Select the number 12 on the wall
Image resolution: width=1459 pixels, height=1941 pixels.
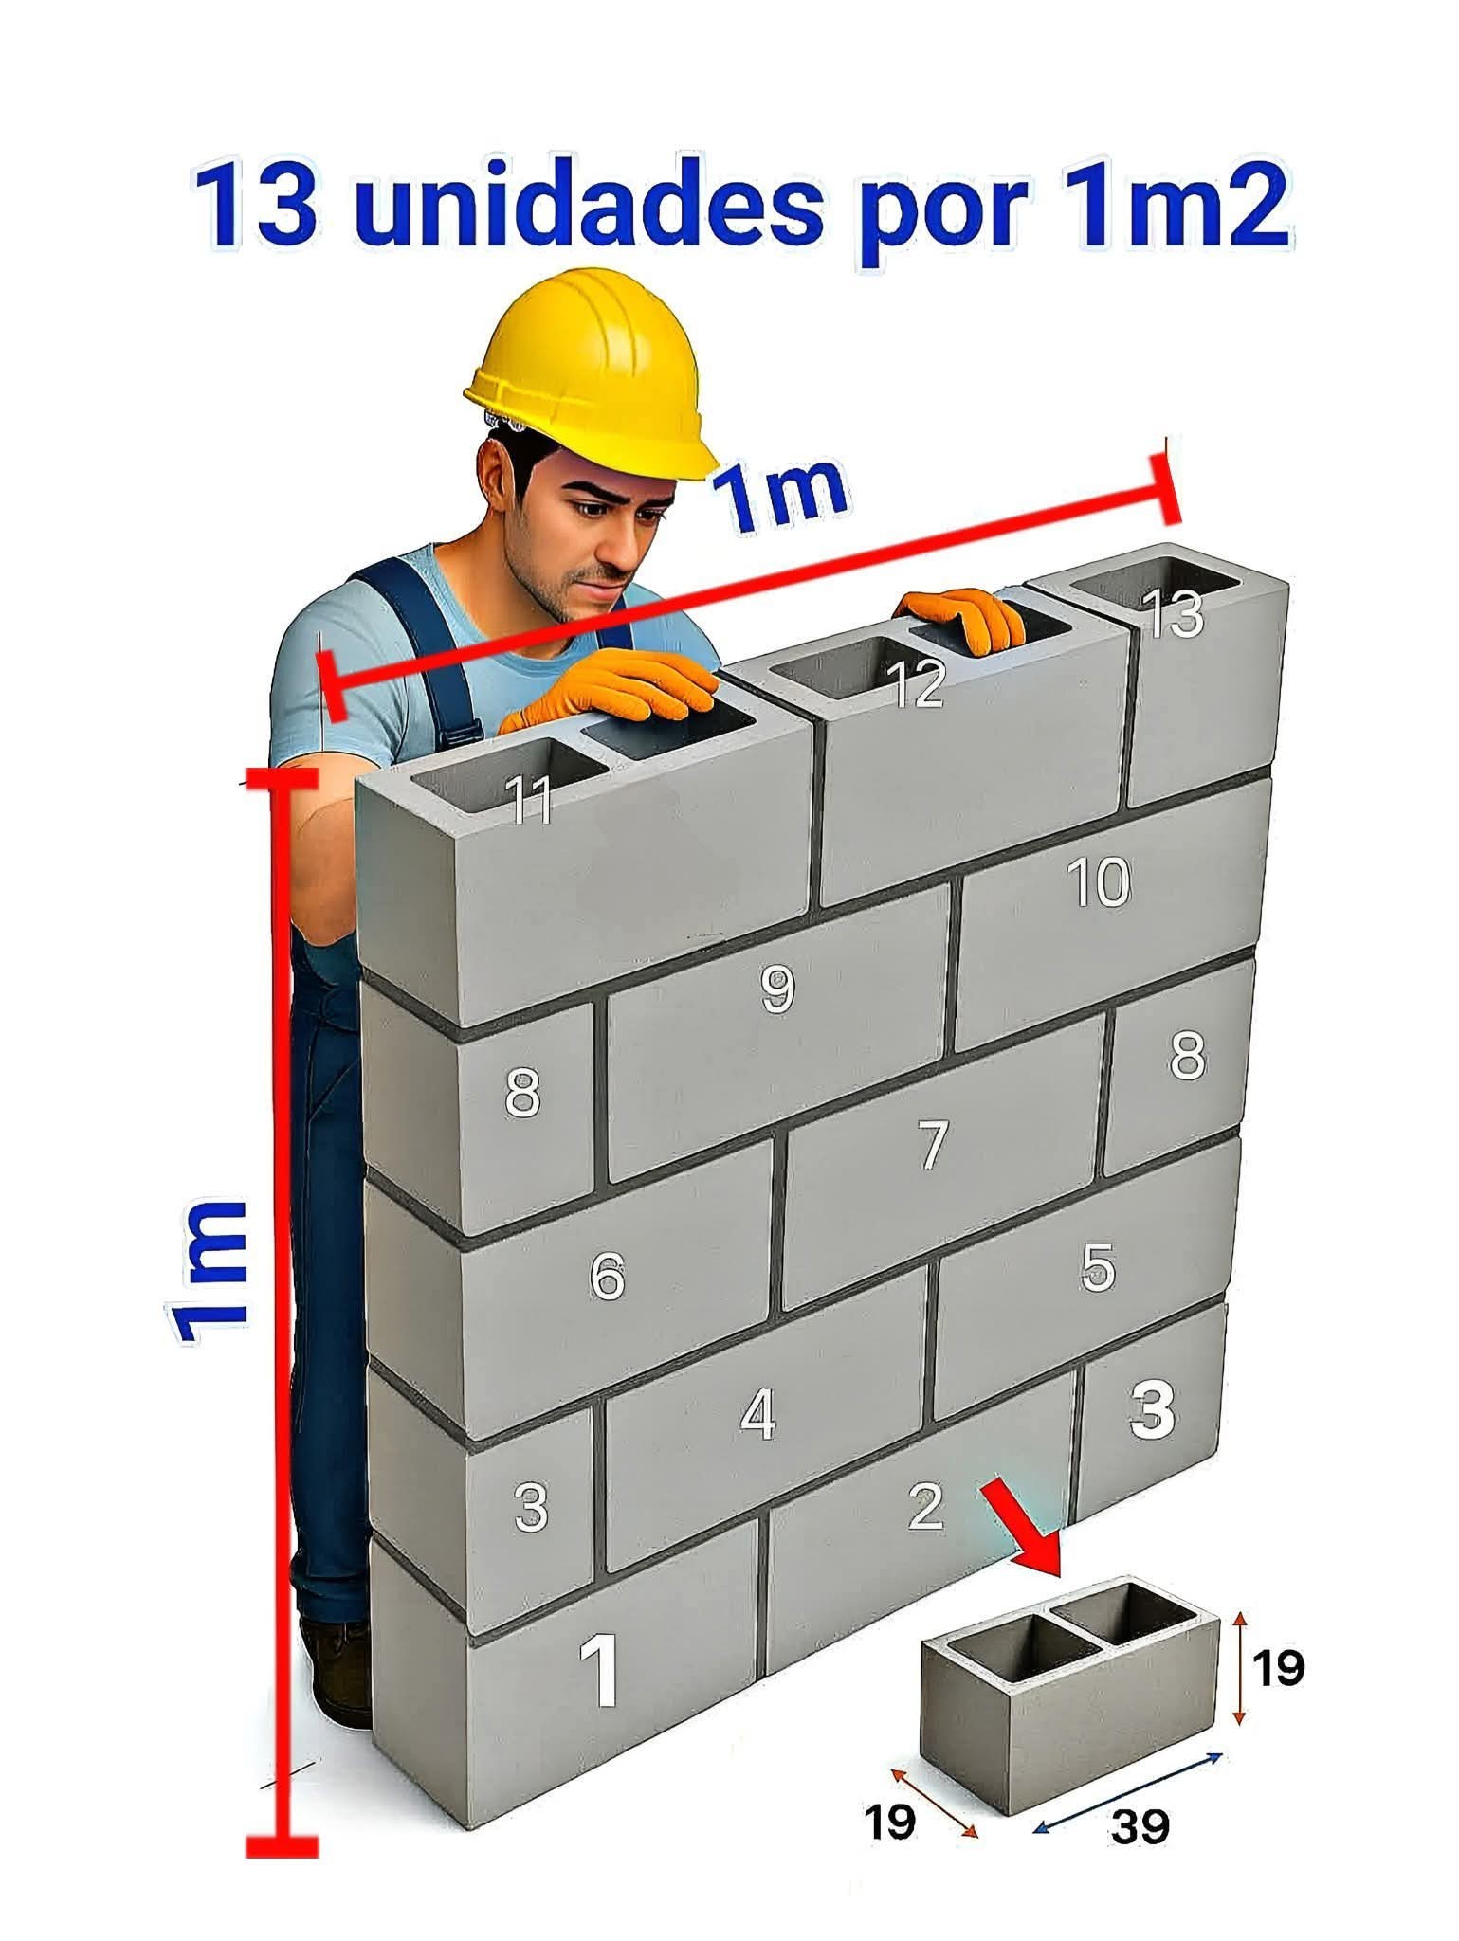click(916, 683)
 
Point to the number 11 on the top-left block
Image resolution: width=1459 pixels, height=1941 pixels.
click(529, 800)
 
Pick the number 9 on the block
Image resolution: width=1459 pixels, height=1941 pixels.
click(778, 989)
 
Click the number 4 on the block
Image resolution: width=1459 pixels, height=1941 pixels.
click(758, 1416)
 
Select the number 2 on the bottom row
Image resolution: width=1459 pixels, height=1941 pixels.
click(926, 1506)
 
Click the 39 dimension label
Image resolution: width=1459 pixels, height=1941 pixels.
click(1140, 1825)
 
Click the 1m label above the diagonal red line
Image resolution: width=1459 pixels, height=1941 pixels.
click(779, 495)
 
